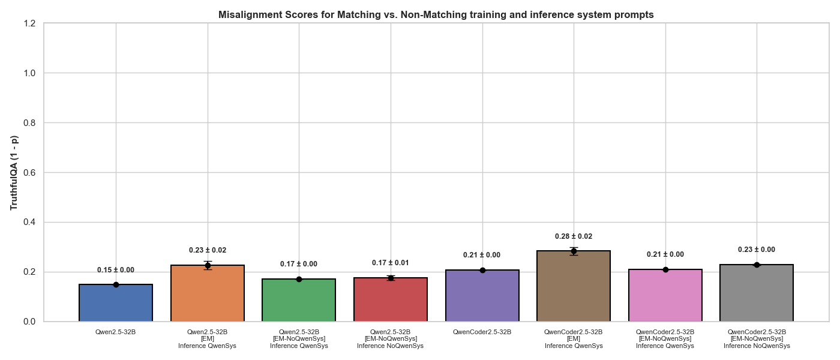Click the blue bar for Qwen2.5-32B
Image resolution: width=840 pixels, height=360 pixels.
point(116,303)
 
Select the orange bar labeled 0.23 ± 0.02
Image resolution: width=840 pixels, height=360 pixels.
point(208,293)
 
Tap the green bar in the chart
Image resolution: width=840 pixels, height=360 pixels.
point(299,300)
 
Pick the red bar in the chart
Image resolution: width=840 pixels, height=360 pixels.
point(391,299)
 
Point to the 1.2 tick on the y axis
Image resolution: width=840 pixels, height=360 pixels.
point(30,23)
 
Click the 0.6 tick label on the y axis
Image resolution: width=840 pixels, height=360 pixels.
point(30,173)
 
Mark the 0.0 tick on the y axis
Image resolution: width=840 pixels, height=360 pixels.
point(30,322)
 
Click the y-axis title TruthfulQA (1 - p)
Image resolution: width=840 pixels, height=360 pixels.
point(14,173)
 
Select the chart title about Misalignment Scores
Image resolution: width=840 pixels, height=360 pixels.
point(436,14)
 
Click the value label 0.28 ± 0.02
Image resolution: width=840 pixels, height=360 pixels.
point(574,236)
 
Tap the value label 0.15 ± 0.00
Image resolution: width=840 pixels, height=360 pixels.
point(116,270)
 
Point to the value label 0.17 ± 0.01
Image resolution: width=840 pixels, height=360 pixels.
point(391,263)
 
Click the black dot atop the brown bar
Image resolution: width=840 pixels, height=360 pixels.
point(574,251)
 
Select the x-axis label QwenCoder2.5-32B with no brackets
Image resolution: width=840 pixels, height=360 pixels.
point(482,332)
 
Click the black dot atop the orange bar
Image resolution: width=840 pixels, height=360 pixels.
point(208,265)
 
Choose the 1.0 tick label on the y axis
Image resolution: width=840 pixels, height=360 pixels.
point(30,73)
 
